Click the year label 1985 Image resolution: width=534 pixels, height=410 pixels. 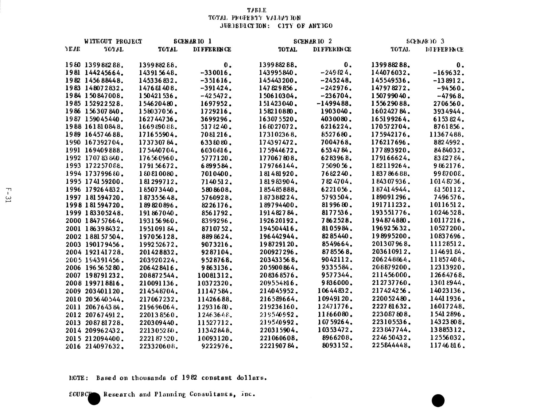[73, 104]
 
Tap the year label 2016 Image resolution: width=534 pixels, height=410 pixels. [73, 346]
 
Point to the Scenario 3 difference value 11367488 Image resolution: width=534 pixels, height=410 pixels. [447, 135]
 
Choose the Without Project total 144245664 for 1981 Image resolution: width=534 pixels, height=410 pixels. [104, 73]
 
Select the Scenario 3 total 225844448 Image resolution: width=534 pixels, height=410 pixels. [391, 346]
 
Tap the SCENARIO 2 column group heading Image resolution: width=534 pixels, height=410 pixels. [313, 41]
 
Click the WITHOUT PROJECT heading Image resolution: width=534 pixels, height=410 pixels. [113, 41]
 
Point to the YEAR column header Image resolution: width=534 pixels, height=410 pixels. [72, 49]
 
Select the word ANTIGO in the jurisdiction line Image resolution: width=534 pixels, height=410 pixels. [320, 26]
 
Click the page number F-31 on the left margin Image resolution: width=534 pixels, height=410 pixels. [8, 195]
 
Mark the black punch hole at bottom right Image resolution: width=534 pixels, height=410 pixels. [438, 400]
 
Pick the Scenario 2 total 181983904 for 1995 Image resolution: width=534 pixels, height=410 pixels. [278, 182]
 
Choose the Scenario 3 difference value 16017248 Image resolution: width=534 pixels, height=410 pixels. [447, 307]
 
